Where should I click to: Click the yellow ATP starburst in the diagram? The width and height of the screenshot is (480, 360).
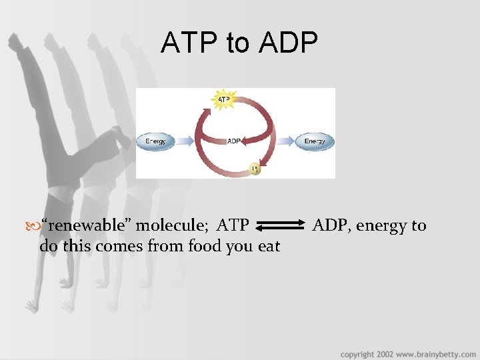[224, 101]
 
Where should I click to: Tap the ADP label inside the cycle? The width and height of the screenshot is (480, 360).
[235, 141]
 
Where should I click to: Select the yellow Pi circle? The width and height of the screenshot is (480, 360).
[254, 169]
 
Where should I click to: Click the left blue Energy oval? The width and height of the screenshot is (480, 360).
[156, 141]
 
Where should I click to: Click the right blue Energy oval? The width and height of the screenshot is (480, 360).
[315, 141]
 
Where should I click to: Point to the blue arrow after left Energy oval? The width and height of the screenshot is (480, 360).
[186, 141]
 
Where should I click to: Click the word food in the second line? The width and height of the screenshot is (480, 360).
[205, 246]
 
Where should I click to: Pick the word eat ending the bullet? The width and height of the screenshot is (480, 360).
[269, 246]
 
